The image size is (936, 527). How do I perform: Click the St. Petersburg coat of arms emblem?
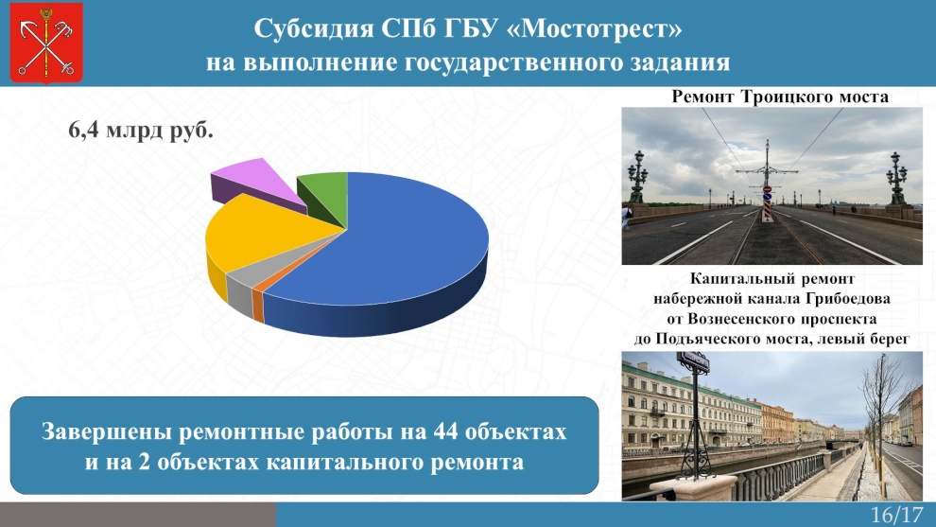pyautogui.click(x=46, y=43)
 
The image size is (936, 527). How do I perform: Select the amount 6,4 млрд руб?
pyautogui.click(x=141, y=130)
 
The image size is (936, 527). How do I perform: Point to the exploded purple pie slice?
pyautogui.click(x=253, y=183)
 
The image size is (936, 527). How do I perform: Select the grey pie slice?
pyautogui.click(x=240, y=290)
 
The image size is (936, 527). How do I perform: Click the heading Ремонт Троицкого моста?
pyautogui.click(x=780, y=97)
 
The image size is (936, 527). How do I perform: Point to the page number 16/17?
pyautogui.click(x=896, y=515)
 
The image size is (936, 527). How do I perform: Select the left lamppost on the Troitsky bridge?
pyautogui.click(x=637, y=177)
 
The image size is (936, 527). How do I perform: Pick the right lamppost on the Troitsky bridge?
pyautogui.click(x=896, y=179)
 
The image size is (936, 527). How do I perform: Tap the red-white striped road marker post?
pyautogui.click(x=767, y=205)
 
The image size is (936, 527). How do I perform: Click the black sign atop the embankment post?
pyautogui.click(x=692, y=362)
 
